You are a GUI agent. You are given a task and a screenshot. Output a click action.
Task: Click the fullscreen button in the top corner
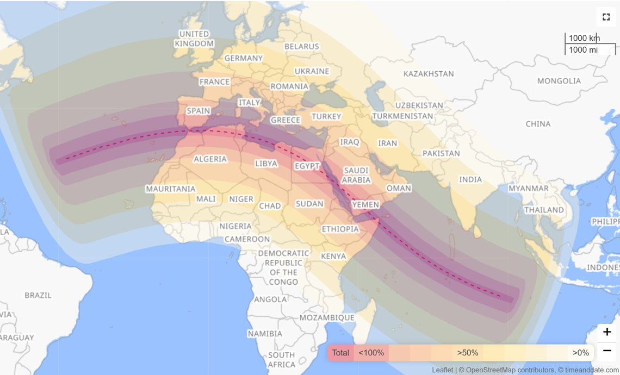(x=606, y=17)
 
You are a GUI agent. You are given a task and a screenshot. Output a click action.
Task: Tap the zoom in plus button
(x=607, y=332)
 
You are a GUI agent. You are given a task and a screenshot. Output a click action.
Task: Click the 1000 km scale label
(x=584, y=38)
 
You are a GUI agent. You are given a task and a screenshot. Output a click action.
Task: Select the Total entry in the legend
(x=340, y=353)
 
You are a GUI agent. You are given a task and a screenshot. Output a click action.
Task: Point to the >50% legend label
(x=467, y=353)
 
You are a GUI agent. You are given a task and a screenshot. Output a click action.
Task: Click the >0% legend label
(x=580, y=353)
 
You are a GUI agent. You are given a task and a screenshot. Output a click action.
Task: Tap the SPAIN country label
(x=199, y=111)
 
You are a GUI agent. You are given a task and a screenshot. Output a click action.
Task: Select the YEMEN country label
(x=365, y=204)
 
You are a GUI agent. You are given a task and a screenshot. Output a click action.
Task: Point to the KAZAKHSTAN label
(x=429, y=74)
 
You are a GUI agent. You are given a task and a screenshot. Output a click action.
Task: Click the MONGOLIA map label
(x=559, y=81)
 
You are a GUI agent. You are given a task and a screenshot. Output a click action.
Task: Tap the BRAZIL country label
(x=38, y=296)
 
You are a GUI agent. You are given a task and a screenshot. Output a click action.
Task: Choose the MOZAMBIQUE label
(x=327, y=317)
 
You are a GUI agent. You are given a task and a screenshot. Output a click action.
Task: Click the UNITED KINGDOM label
(x=194, y=39)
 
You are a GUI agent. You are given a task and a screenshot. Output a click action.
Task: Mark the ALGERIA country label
(x=210, y=159)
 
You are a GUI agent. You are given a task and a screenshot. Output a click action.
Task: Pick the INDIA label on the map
(x=470, y=179)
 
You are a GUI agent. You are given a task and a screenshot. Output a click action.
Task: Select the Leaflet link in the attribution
(x=442, y=370)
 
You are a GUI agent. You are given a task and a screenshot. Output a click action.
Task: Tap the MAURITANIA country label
(x=170, y=189)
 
